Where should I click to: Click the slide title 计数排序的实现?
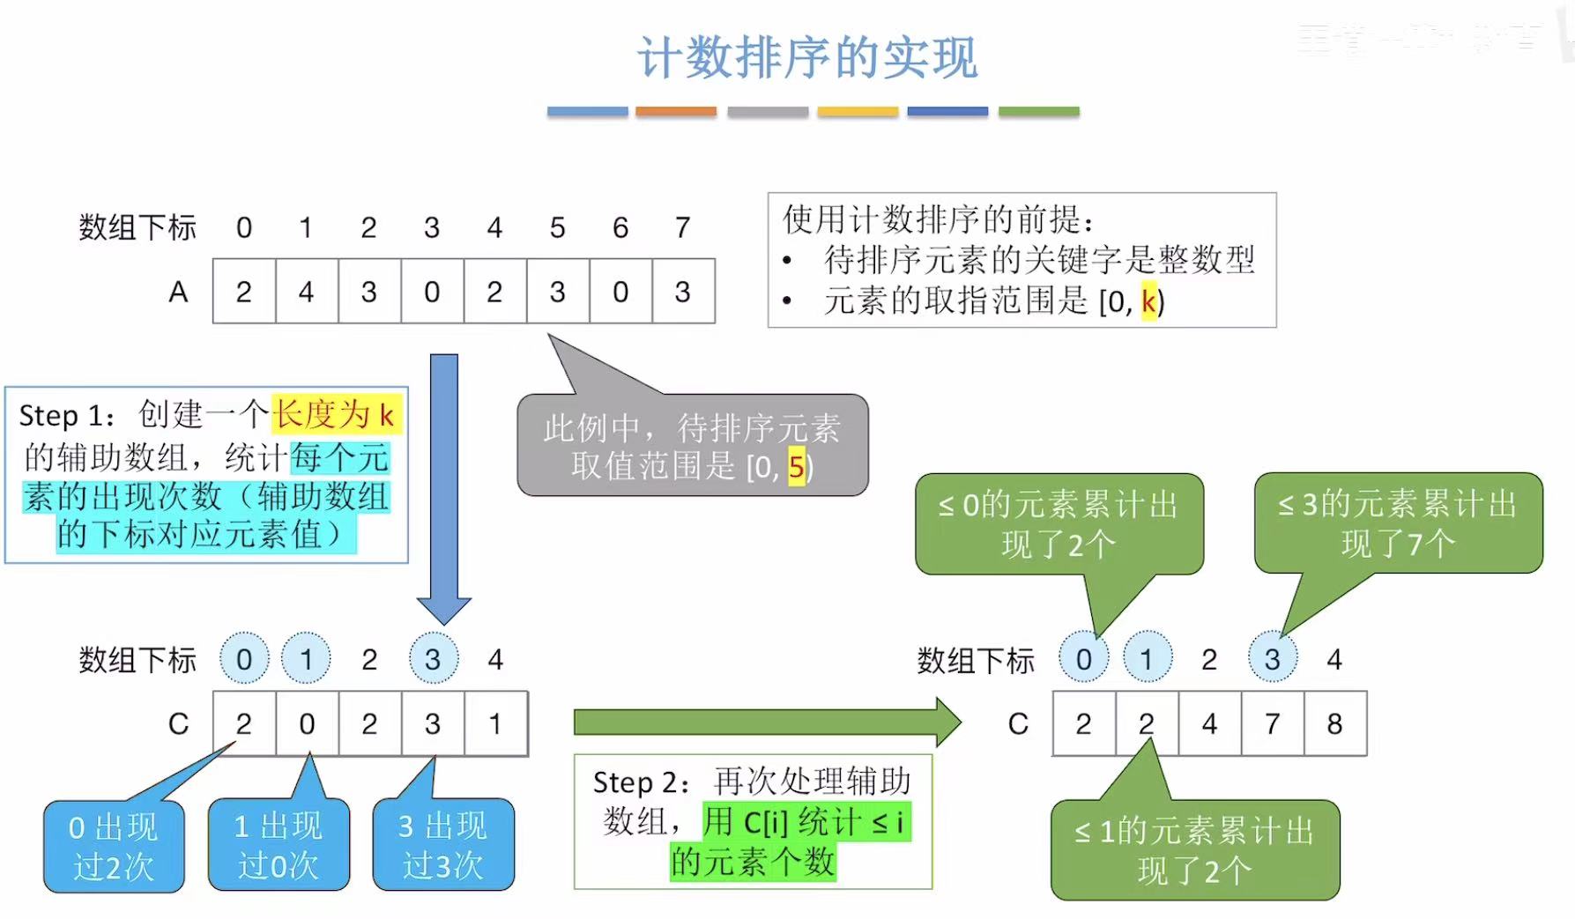pos(807,58)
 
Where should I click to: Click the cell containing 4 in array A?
pos(306,292)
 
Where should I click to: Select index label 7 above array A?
pos(682,227)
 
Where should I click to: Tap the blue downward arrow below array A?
pos(444,485)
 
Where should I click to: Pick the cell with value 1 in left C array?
pos(495,724)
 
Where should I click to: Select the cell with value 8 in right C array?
pos(1334,724)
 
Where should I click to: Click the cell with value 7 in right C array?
pos(1272,724)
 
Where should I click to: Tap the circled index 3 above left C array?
pos(433,659)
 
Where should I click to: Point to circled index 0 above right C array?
pos(1083,659)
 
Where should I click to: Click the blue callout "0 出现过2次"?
pos(114,847)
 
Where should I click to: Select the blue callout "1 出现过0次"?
pos(279,846)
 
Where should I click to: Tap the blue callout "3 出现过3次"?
pos(443,846)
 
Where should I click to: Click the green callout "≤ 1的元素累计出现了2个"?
pos(1194,851)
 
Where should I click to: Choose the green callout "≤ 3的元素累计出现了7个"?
pos(1398,523)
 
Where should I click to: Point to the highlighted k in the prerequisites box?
pos(1148,301)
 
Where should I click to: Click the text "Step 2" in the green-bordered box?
pos(634,782)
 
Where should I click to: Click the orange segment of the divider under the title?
pos(675,112)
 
